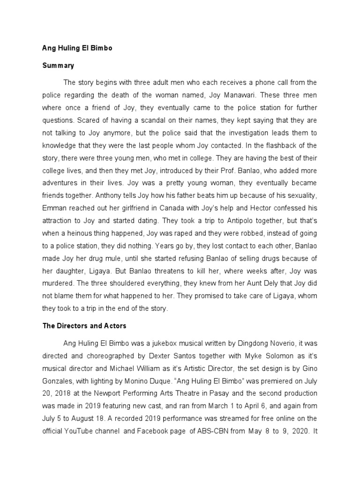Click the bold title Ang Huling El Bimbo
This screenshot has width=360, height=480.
tap(75, 48)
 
